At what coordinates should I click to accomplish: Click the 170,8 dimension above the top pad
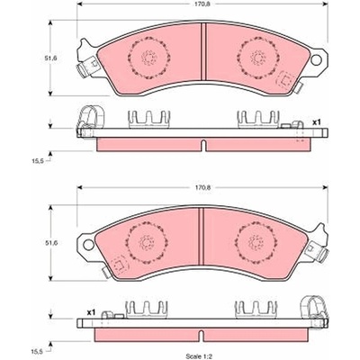202,4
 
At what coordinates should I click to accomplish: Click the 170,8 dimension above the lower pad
202,187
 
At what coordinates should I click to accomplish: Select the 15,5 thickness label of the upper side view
39,161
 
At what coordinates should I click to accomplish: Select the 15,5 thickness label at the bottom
39,348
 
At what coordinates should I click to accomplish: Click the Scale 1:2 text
199,356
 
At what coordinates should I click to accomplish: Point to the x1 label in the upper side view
317,122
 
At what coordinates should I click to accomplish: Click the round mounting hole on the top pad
316,59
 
